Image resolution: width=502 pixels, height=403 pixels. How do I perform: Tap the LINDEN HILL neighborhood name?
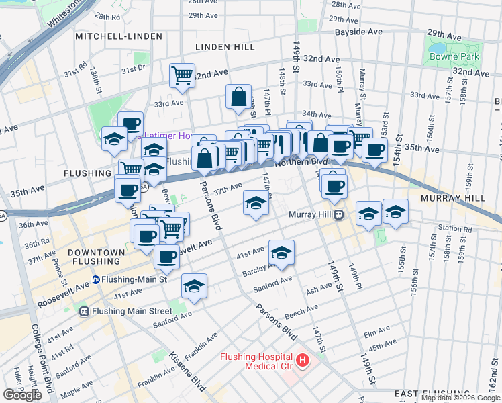pos(225,47)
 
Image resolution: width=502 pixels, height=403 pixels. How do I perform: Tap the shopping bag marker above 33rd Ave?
pos(238,97)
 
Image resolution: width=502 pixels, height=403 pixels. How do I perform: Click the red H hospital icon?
pos(303,361)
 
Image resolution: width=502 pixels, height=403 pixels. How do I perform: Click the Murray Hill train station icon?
pos(340,215)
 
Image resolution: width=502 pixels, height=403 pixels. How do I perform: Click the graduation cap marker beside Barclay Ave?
pos(281,251)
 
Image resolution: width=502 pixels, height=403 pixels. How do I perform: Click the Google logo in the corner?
pos(22,395)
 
